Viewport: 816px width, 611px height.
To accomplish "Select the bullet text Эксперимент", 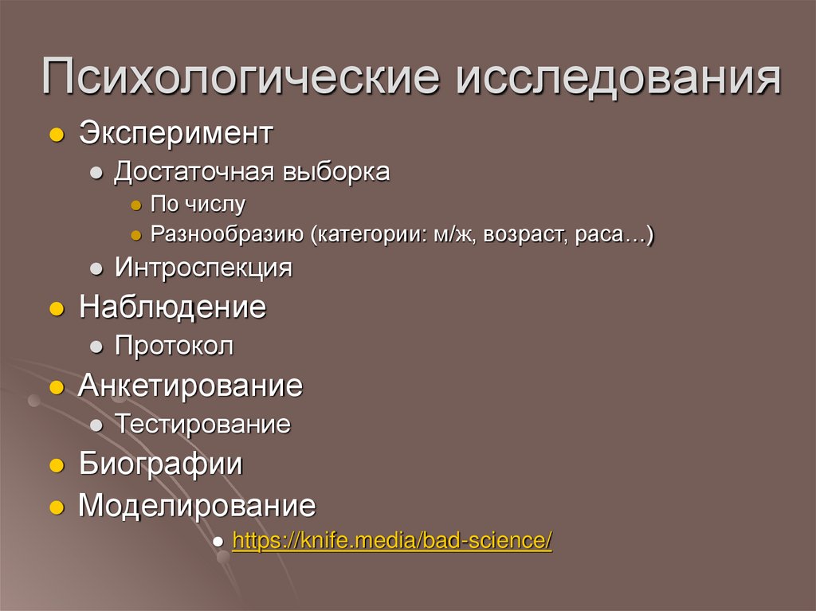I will pyautogui.click(x=176, y=133).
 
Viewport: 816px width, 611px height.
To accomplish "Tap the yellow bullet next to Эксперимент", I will pyautogui.click(x=55, y=135).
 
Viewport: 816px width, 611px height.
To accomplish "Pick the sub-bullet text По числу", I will pyautogui.click(x=198, y=205).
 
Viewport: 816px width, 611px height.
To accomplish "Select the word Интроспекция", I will pyautogui.click(x=203, y=268).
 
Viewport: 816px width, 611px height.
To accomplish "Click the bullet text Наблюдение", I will pyautogui.click(x=172, y=307).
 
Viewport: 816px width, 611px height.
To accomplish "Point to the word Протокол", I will pyautogui.click(x=174, y=347).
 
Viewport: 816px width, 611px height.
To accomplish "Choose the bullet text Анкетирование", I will pyautogui.click(x=190, y=386).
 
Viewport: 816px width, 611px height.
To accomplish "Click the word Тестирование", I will pyautogui.click(x=202, y=425).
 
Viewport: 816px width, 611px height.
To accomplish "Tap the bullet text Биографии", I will pyautogui.click(x=160, y=464).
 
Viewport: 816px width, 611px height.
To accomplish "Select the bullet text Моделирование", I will pyautogui.click(x=197, y=505).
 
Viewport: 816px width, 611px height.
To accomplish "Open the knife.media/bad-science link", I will pyautogui.click(x=391, y=540).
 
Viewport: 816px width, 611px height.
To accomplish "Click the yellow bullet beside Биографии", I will pyautogui.click(x=55, y=466).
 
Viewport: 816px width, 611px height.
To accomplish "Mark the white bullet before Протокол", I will pyautogui.click(x=96, y=348).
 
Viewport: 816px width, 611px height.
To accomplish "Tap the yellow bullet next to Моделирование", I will pyautogui.click(x=55, y=507).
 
